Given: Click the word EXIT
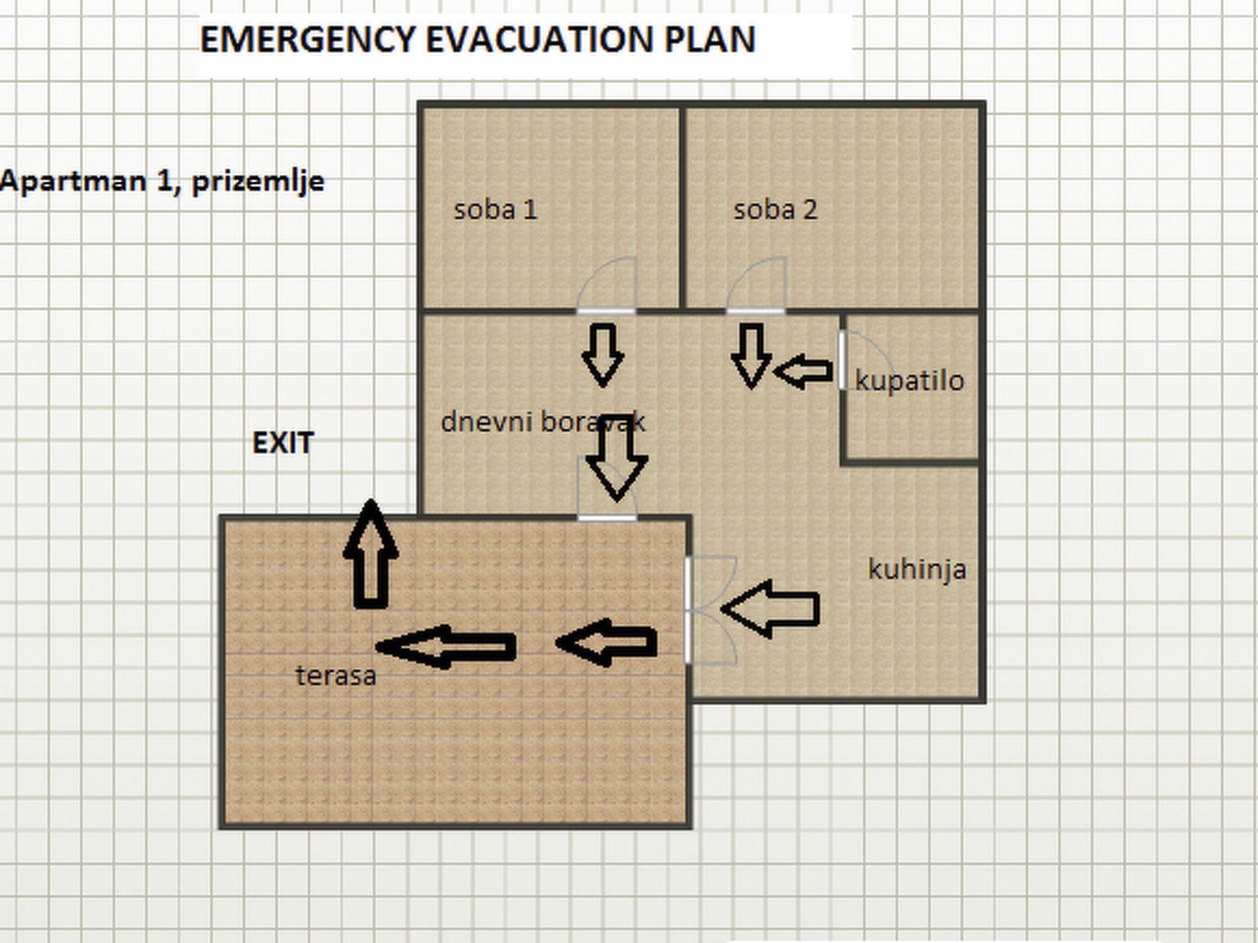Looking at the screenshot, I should point(283,443).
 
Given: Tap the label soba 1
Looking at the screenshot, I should point(495,210).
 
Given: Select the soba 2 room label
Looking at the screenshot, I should point(775,210).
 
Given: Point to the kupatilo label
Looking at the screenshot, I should point(910,381).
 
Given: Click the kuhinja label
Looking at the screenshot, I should point(917,570).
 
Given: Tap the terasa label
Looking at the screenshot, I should point(336,676).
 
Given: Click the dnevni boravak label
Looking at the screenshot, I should point(543,422).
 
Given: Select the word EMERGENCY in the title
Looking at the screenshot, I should point(307,40).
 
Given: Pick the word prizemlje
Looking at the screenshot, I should point(258,182).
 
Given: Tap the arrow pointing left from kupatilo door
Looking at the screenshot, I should point(803,371).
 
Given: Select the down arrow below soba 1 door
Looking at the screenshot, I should point(603,355).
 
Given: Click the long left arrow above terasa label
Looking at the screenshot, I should point(446,646).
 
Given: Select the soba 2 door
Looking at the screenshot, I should point(756,289).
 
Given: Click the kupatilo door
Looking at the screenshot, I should point(860,360).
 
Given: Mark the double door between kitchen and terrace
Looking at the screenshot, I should point(706,610).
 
